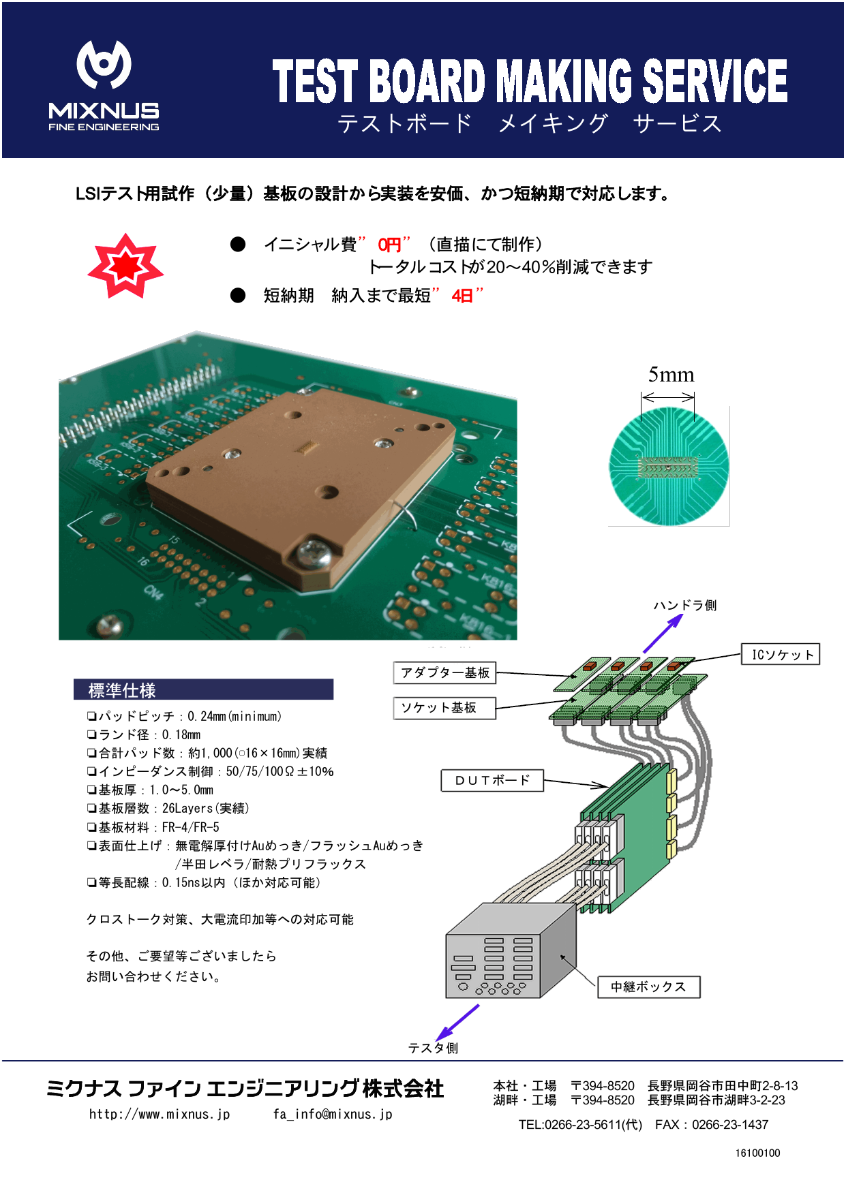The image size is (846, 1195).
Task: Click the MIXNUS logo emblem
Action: point(104,65)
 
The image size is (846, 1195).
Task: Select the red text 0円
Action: point(390,245)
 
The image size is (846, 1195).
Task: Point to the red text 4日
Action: point(462,296)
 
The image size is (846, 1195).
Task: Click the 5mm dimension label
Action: point(671,375)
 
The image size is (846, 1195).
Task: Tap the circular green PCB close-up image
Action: point(669,467)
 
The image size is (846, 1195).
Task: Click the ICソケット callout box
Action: point(781,655)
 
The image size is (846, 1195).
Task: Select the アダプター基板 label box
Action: point(444,673)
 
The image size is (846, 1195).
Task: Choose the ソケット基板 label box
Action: point(444,708)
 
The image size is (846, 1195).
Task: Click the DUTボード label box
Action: point(492,780)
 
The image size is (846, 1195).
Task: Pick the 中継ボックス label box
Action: point(648,987)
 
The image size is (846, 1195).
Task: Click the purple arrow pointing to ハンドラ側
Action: point(662,634)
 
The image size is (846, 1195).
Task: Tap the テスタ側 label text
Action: point(433,1048)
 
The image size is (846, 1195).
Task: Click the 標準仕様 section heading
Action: point(123,690)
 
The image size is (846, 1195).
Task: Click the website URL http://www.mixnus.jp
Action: point(160,1114)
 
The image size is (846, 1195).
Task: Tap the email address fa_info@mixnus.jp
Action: point(333,1114)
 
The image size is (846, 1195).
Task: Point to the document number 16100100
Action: point(757,1153)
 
